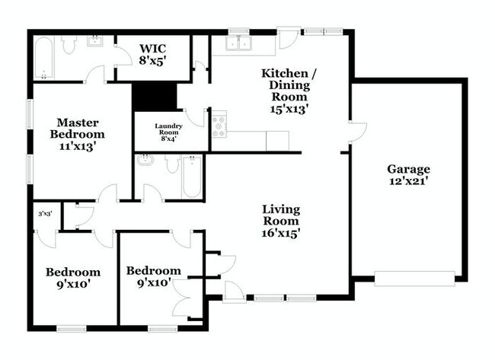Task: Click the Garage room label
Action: (408, 169)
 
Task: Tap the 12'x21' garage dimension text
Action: (408, 181)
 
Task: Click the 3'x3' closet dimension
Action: (44, 214)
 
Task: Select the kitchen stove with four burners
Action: (219, 125)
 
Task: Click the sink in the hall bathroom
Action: (145, 161)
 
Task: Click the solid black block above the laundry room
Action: (154, 97)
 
